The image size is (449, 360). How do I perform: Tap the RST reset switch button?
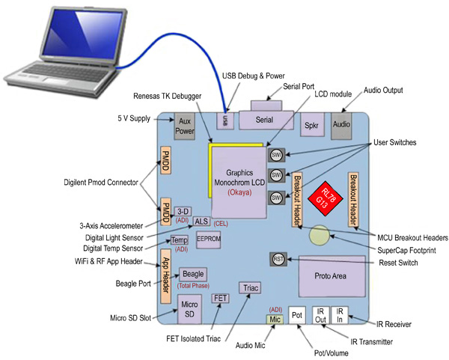pos(278,259)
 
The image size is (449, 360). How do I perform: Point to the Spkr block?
pos(311,124)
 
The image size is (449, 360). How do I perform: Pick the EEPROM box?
pos(208,239)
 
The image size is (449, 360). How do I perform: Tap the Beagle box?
pos(192,275)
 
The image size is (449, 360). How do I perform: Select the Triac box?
pos(249,287)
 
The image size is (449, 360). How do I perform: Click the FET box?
pos(220,298)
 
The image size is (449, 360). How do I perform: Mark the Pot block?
pos(297,317)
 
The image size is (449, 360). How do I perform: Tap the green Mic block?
pos(275,319)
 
